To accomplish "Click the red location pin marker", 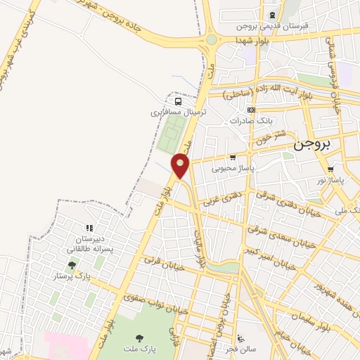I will tap(181, 166).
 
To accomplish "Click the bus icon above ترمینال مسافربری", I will tap(179, 101).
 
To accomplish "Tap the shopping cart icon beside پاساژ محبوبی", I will tap(233, 157).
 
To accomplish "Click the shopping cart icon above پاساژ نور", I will tap(330, 169).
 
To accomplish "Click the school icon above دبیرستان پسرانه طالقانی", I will tap(89, 228).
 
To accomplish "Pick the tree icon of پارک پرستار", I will tap(72, 265).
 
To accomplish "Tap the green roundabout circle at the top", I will tap(212, 39).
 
